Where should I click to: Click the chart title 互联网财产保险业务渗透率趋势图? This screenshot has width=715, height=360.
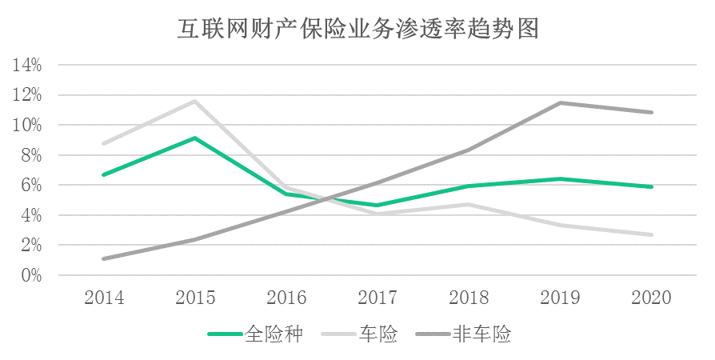(357, 30)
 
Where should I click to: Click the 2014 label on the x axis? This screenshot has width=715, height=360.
(104, 298)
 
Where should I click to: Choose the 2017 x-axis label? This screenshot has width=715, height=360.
(378, 298)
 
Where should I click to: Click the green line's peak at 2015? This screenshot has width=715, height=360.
(195, 138)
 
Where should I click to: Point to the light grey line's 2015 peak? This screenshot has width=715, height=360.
(195, 102)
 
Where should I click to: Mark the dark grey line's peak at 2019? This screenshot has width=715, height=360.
(561, 103)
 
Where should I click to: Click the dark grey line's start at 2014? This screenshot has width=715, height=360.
(104, 258)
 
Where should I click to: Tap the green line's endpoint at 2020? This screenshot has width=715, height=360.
(653, 187)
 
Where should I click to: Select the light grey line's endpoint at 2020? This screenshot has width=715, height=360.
(653, 235)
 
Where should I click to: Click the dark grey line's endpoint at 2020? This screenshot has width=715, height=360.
(653, 113)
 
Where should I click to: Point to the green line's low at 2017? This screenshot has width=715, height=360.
(378, 206)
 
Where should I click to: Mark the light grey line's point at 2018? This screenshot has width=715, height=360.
(469, 205)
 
